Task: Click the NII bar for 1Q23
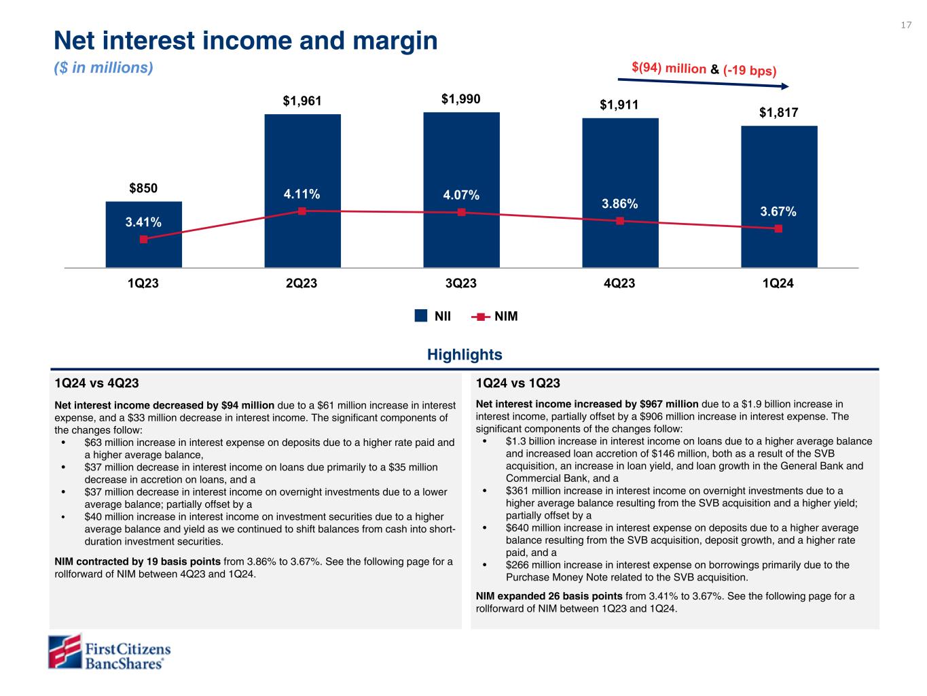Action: [143, 251]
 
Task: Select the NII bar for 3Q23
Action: [461, 156]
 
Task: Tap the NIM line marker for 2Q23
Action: [302, 211]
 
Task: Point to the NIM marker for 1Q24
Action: [778, 228]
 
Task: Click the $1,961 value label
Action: [302, 102]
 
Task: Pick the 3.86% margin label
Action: [619, 203]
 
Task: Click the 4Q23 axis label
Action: [619, 283]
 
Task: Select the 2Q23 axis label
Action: [302, 283]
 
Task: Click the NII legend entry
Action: [434, 316]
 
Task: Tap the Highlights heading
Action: [465, 355]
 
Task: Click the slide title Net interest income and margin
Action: [246, 41]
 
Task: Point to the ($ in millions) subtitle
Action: [103, 69]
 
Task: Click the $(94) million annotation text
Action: [668, 68]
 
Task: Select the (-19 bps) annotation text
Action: [749, 71]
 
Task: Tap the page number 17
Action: [906, 25]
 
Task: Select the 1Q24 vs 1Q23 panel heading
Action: [518, 383]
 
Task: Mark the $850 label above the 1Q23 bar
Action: [143, 188]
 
